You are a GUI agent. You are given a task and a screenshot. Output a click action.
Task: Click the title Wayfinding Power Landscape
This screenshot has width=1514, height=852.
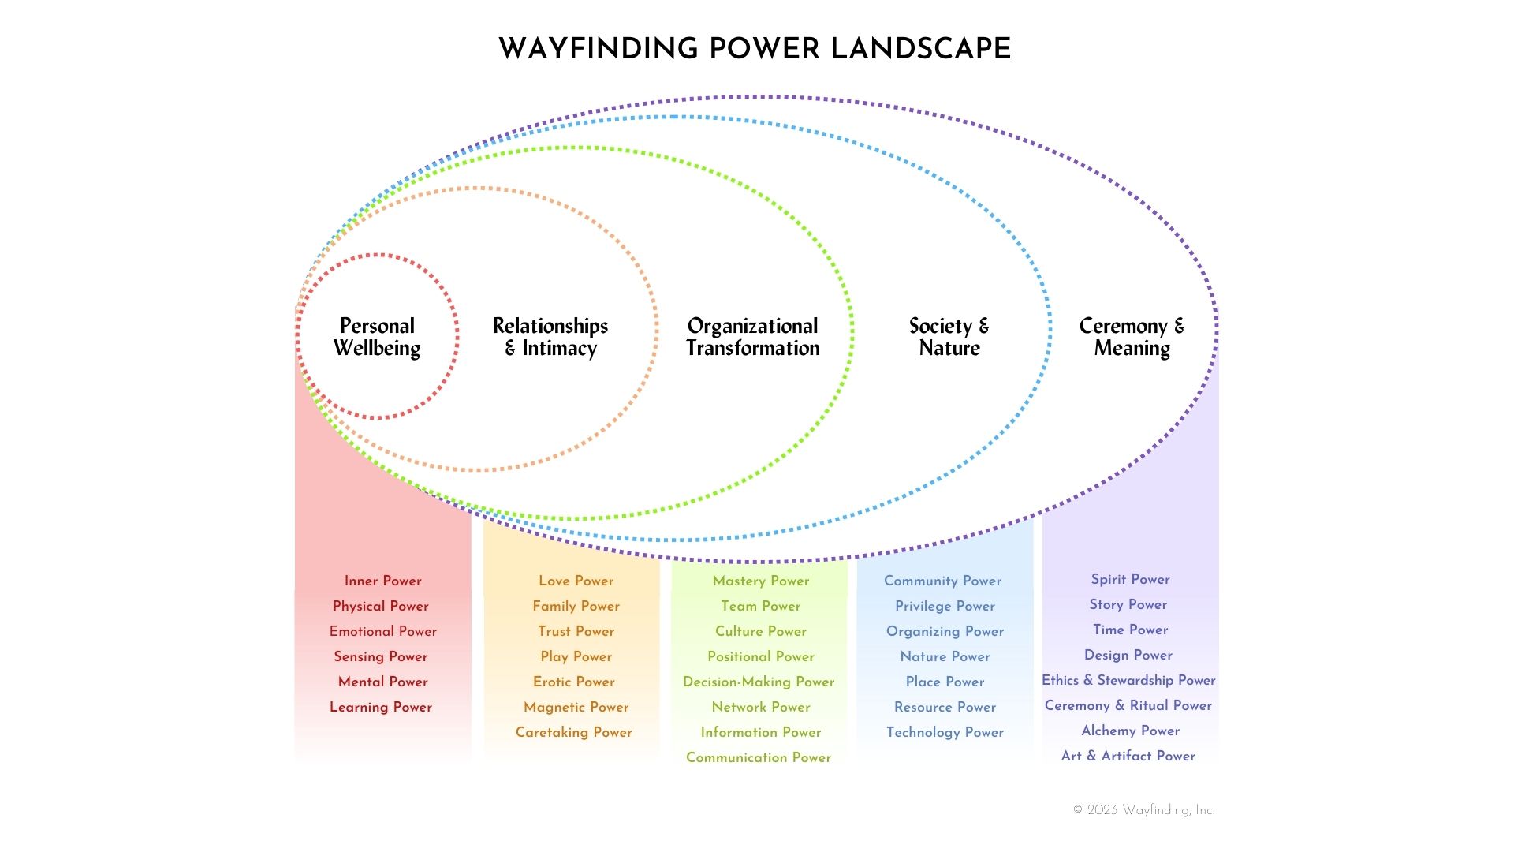pyautogui.click(x=755, y=49)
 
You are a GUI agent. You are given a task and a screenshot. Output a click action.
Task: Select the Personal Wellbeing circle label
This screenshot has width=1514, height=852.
pyautogui.click(x=377, y=337)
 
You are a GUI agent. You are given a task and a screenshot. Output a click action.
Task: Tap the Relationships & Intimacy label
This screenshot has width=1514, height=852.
pyautogui.click(x=550, y=337)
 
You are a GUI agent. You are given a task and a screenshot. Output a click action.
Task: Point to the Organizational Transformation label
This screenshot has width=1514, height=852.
pyautogui.click(x=753, y=337)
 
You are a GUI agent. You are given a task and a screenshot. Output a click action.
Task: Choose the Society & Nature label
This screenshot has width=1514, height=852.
pyautogui.click(x=949, y=337)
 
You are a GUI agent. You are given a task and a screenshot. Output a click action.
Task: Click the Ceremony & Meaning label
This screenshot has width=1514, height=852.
pyautogui.click(x=1132, y=337)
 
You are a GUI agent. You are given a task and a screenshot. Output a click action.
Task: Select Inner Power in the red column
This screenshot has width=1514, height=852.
pyautogui.click(x=382, y=581)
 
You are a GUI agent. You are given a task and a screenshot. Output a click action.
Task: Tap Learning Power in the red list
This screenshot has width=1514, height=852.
pyautogui.click(x=381, y=707)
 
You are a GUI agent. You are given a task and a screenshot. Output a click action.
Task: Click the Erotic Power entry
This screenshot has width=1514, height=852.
pyautogui.click(x=573, y=682)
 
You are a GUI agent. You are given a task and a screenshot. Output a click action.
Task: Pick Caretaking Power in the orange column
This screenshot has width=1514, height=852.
pyautogui.click(x=573, y=732)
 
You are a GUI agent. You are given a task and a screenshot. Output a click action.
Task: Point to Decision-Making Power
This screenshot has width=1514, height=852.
pyautogui.click(x=759, y=682)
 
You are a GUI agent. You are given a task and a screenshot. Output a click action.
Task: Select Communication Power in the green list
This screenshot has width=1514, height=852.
pyautogui.click(x=759, y=757)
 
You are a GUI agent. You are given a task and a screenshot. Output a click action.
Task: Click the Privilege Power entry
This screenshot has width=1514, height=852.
pyautogui.click(x=945, y=606)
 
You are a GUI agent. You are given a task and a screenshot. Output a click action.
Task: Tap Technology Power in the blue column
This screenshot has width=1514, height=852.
pyautogui.click(x=945, y=732)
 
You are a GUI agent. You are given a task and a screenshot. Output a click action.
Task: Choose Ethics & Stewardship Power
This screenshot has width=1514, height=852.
pyautogui.click(x=1128, y=680)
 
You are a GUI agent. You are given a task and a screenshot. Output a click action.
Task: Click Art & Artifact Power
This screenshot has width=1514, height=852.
pyautogui.click(x=1128, y=756)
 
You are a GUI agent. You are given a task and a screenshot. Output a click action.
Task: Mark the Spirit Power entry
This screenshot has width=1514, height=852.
pyautogui.click(x=1130, y=579)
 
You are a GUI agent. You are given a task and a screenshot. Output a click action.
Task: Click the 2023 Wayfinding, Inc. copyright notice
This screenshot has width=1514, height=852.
pyautogui.click(x=1143, y=810)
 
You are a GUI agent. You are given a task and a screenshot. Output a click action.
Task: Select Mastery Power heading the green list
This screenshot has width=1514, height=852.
pyautogui.click(x=761, y=581)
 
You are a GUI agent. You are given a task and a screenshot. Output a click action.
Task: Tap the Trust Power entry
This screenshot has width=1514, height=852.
pyautogui.click(x=576, y=631)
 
